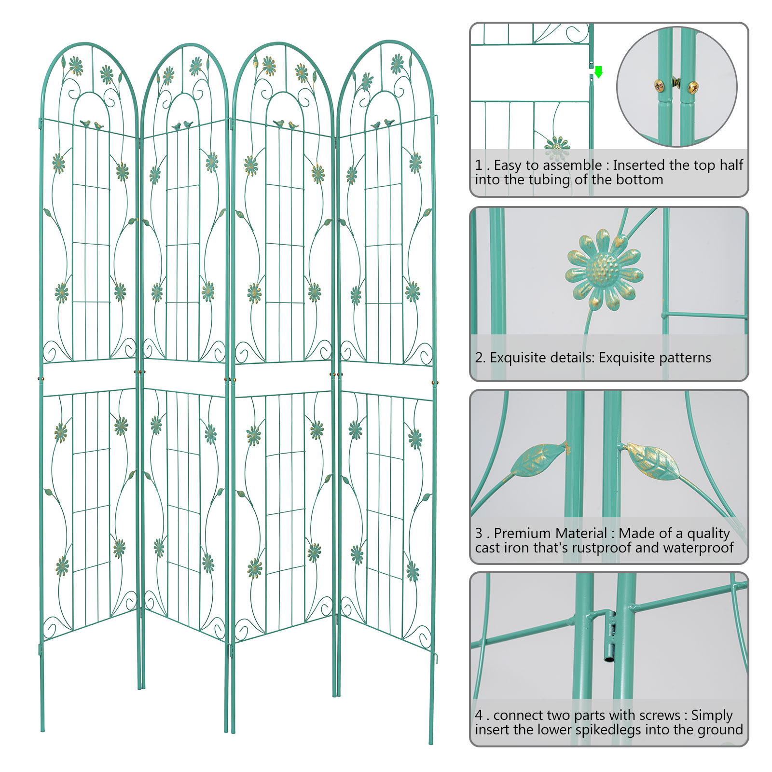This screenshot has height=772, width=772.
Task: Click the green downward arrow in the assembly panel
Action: point(598,72)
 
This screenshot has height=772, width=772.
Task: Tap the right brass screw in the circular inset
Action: point(692,87)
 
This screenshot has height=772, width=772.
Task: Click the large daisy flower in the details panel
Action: point(604,270)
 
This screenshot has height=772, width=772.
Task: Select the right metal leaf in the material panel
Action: point(654,460)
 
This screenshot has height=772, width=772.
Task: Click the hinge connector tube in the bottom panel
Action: point(610,637)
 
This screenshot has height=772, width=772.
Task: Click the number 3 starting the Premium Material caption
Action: point(479,533)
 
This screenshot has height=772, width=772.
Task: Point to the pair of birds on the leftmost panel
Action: point(92,125)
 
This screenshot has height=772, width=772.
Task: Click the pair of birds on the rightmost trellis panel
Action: point(382,124)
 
